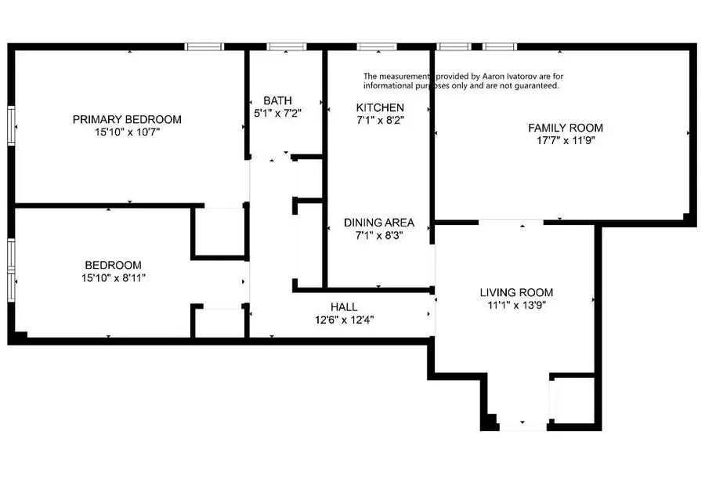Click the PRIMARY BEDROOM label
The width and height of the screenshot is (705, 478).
tap(127, 120)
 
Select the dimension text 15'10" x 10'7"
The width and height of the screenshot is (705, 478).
tap(127, 132)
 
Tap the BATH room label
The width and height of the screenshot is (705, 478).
tap(277, 100)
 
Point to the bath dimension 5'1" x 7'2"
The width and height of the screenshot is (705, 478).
tap(277, 113)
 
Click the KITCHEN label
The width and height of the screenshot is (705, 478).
tap(380, 107)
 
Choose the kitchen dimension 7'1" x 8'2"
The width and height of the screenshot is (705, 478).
tap(380, 120)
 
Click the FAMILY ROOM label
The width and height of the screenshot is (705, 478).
tap(566, 128)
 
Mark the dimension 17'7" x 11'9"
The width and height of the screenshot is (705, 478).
tap(566, 141)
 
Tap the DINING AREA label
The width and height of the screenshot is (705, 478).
tap(379, 223)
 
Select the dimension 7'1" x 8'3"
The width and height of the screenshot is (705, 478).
tap(379, 235)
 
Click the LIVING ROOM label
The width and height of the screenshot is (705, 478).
tap(516, 292)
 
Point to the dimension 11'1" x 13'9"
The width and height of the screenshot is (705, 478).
tap(516, 306)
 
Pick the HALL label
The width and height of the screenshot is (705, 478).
tap(344, 307)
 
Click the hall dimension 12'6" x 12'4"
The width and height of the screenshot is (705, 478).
tap(344, 320)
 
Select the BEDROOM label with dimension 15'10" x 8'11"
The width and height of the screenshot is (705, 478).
tap(114, 265)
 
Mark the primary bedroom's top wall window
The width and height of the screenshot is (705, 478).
tap(204, 47)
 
